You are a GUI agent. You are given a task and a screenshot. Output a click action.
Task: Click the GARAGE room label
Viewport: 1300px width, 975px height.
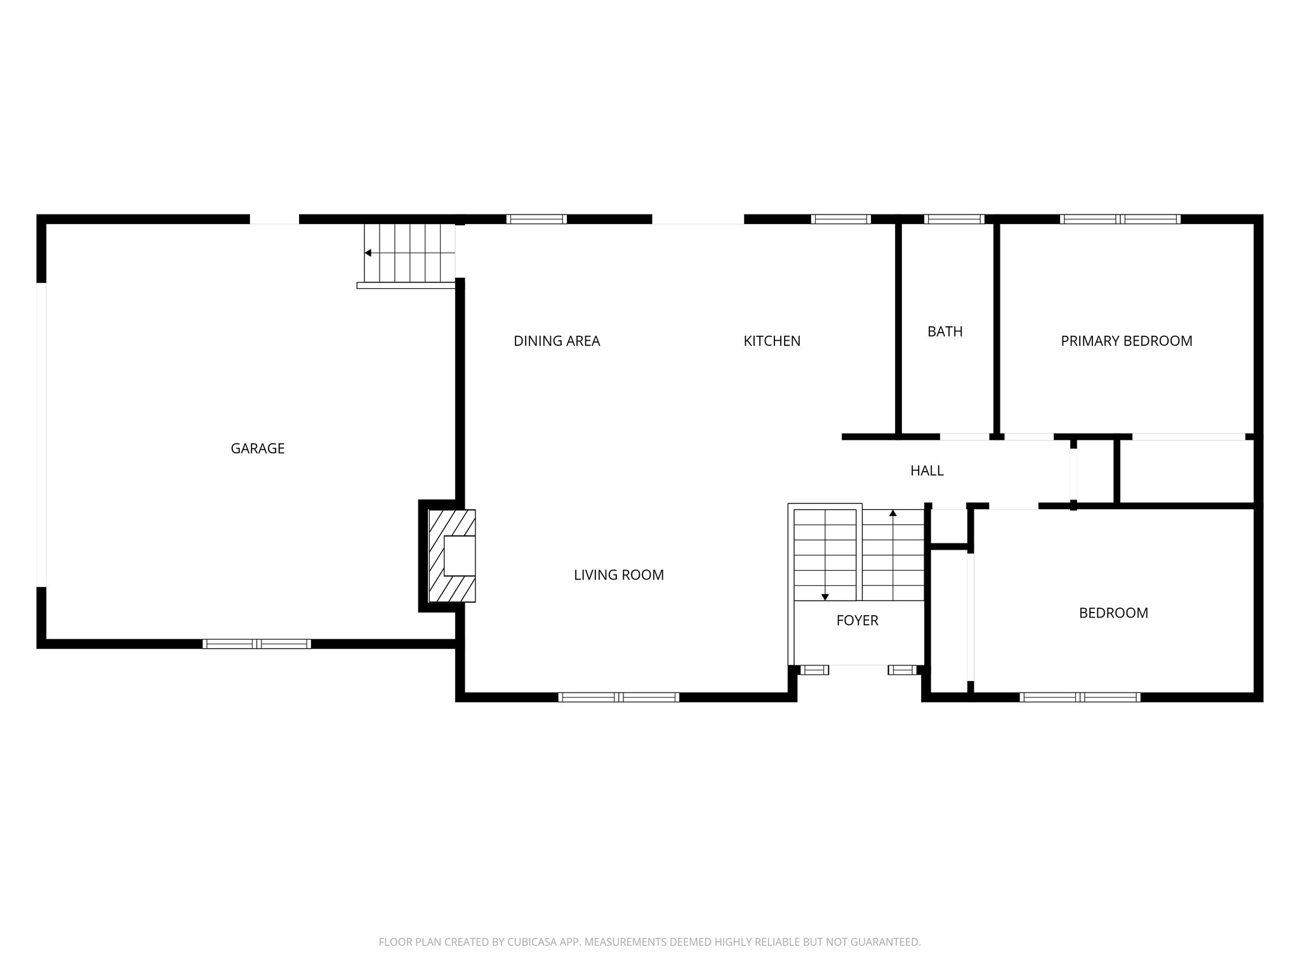click(x=257, y=449)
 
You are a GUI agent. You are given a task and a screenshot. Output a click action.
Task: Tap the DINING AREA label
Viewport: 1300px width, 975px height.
click(x=557, y=341)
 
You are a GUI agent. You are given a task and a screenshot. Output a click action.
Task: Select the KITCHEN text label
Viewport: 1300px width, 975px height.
click(x=772, y=341)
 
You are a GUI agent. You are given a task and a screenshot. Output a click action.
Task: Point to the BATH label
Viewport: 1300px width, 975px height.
click(x=945, y=331)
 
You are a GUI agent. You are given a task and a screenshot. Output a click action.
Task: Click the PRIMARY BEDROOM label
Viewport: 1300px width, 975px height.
click(x=1126, y=341)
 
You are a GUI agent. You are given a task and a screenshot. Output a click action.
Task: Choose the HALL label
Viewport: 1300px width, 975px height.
click(x=927, y=470)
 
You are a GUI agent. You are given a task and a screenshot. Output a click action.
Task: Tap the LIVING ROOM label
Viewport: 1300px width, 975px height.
click(x=618, y=575)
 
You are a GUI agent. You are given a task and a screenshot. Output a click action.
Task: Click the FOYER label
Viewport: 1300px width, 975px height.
click(x=857, y=621)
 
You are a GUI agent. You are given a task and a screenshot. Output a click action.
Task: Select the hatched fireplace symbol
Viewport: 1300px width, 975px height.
click(x=452, y=556)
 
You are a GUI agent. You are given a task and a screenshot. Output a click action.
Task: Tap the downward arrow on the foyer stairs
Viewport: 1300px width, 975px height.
click(x=825, y=596)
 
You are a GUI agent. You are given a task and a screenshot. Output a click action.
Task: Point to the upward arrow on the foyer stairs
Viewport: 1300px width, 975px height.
click(x=893, y=513)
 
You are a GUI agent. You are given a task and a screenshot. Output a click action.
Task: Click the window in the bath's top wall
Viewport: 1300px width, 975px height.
click(x=954, y=219)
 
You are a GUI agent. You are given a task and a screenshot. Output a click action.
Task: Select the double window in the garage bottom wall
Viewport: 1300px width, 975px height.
click(x=256, y=644)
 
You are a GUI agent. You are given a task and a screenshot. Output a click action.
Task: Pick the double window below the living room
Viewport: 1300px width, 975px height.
click(x=618, y=697)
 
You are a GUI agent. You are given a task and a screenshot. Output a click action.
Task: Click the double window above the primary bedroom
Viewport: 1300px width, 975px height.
click(x=1120, y=219)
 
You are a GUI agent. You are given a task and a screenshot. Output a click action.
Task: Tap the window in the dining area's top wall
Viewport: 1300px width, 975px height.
click(x=536, y=219)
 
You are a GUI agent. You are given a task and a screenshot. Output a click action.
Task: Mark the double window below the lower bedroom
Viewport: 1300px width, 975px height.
click(x=1080, y=697)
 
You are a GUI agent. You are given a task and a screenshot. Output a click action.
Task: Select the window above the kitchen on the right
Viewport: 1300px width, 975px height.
click(x=840, y=219)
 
